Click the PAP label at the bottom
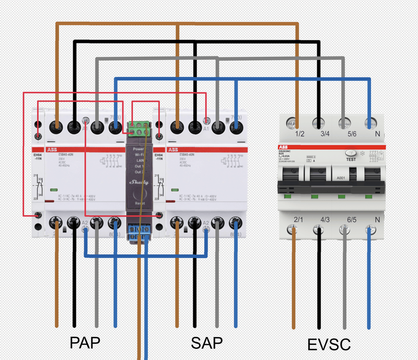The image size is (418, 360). pos(85,342)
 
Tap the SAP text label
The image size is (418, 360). pos(207,343)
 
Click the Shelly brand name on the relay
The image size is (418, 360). pos(138,182)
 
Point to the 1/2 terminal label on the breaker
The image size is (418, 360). pos(300,135)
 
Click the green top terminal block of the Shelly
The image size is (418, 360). pos(138,127)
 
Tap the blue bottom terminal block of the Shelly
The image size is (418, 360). pos(138,231)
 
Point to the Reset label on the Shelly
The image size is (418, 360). pos(139,203)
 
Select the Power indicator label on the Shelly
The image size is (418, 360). pos(138,149)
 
